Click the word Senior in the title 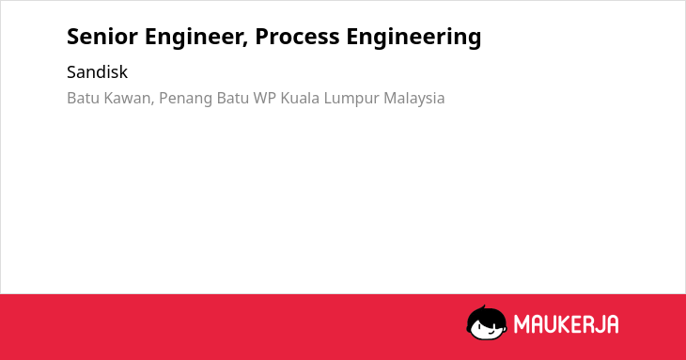pos(102,37)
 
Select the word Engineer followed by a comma pos(196,38)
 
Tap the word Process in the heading pos(297,37)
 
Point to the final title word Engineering pos(413,38)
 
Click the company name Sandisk pos(97,71)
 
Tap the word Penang pos(186,100)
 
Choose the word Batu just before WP pos(233,98)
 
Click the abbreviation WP pos(265,98)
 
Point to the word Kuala pos(300,98)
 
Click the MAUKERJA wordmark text pos(566,324)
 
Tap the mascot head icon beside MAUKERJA pos(487,323)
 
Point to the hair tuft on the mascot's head pos(483,308)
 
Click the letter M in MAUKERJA pos(521,324)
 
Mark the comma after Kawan pos(152,103)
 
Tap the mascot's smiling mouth pos(491,332)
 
